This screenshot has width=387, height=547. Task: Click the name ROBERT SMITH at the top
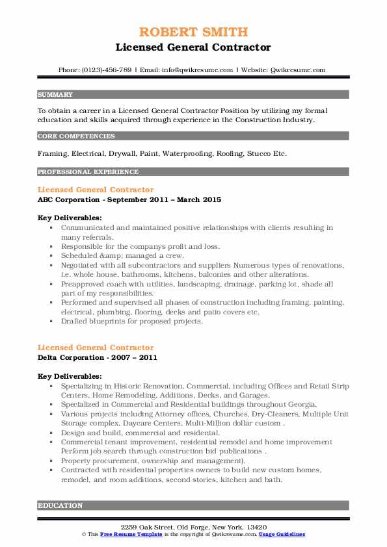tap(193, 32)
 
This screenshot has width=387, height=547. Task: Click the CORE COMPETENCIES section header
tap(77, 136)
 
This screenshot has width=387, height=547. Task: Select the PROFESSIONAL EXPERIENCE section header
tap(88, 172)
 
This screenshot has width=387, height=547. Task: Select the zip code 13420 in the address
tap(257, 526)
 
